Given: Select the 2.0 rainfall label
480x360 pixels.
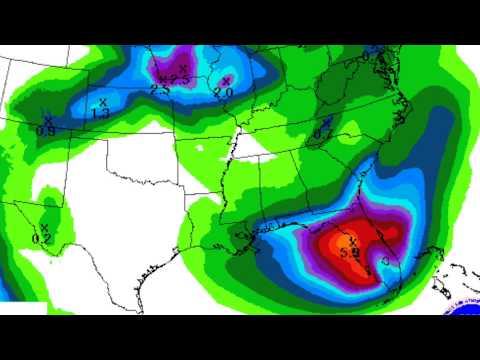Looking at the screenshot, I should click(x=223, y=92).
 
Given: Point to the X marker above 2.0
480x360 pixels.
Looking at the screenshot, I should click(x=226, y=80).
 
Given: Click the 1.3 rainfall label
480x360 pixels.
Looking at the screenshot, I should click(x=101, y=113).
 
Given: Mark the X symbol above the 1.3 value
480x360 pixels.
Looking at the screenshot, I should click(x=103, y=101).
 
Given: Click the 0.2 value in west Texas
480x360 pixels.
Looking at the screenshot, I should click(x=41, y=238).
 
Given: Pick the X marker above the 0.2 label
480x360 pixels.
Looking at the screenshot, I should click(x=44, y=227).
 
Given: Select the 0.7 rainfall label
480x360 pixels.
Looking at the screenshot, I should click(x=323, y=132).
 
